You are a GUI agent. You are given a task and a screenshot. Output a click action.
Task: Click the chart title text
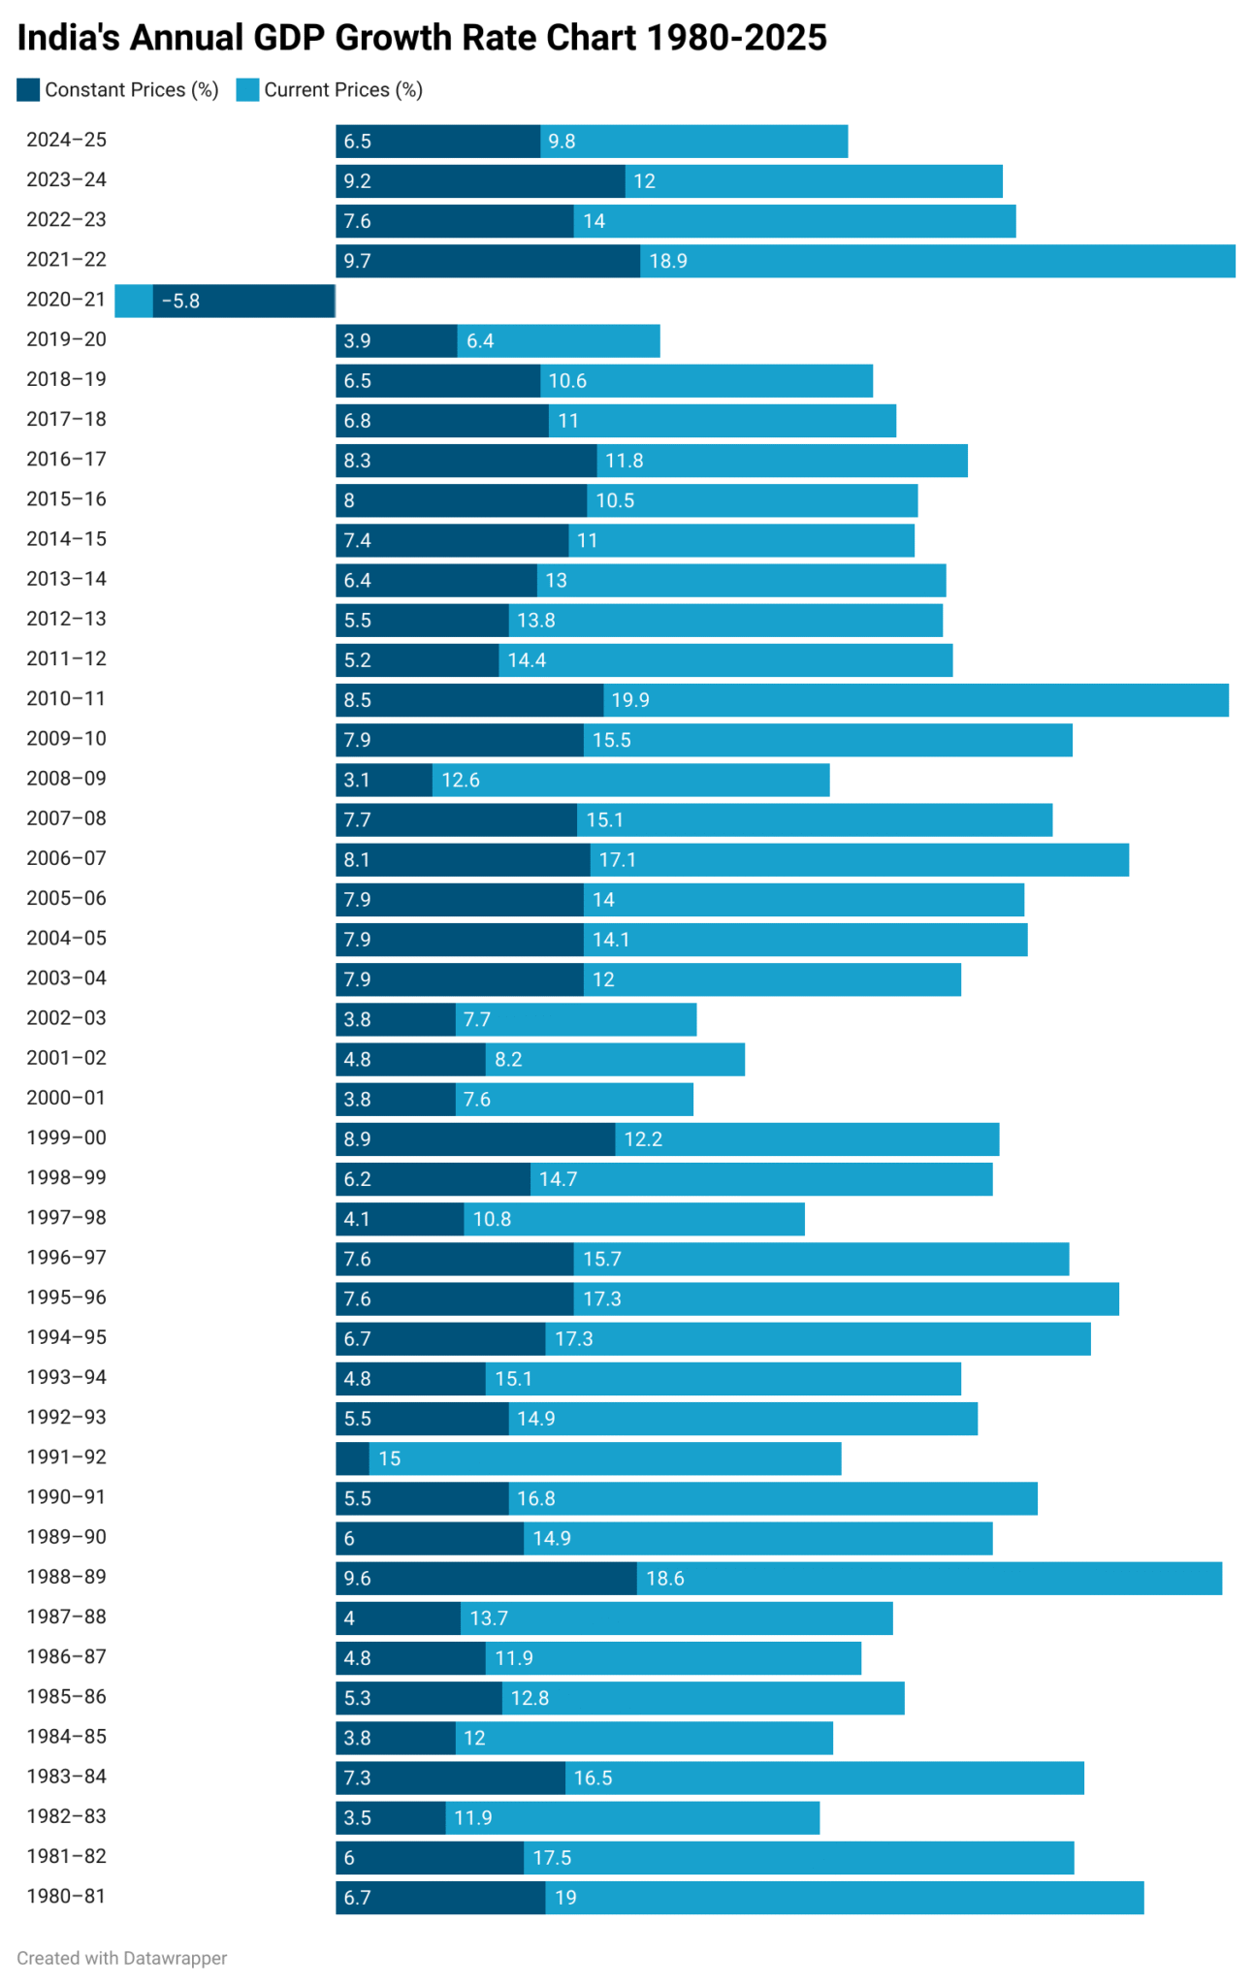point(422,38)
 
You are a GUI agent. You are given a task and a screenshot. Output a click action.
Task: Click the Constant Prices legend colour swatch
point(28,90)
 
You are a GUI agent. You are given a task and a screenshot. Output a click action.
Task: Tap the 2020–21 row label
point(66,300)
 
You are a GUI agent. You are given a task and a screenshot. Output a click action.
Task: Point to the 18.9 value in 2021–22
point(668,261)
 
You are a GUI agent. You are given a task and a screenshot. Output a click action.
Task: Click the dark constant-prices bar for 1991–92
point(352,1458)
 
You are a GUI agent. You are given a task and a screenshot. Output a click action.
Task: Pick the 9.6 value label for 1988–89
point(358,1579)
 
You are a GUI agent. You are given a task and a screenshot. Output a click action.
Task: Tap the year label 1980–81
point(66,1896)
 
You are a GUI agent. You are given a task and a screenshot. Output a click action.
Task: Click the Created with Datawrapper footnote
point(122,1958)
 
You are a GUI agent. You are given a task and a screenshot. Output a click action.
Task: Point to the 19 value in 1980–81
point(565,1898)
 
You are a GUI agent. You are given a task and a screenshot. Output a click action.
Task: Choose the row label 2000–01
point(66,1098)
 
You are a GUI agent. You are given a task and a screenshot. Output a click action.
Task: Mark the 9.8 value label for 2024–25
point(562,142)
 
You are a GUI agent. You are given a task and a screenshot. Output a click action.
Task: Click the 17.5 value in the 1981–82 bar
point(552,1858)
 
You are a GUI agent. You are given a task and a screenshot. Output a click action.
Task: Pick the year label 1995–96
point(66,1297)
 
